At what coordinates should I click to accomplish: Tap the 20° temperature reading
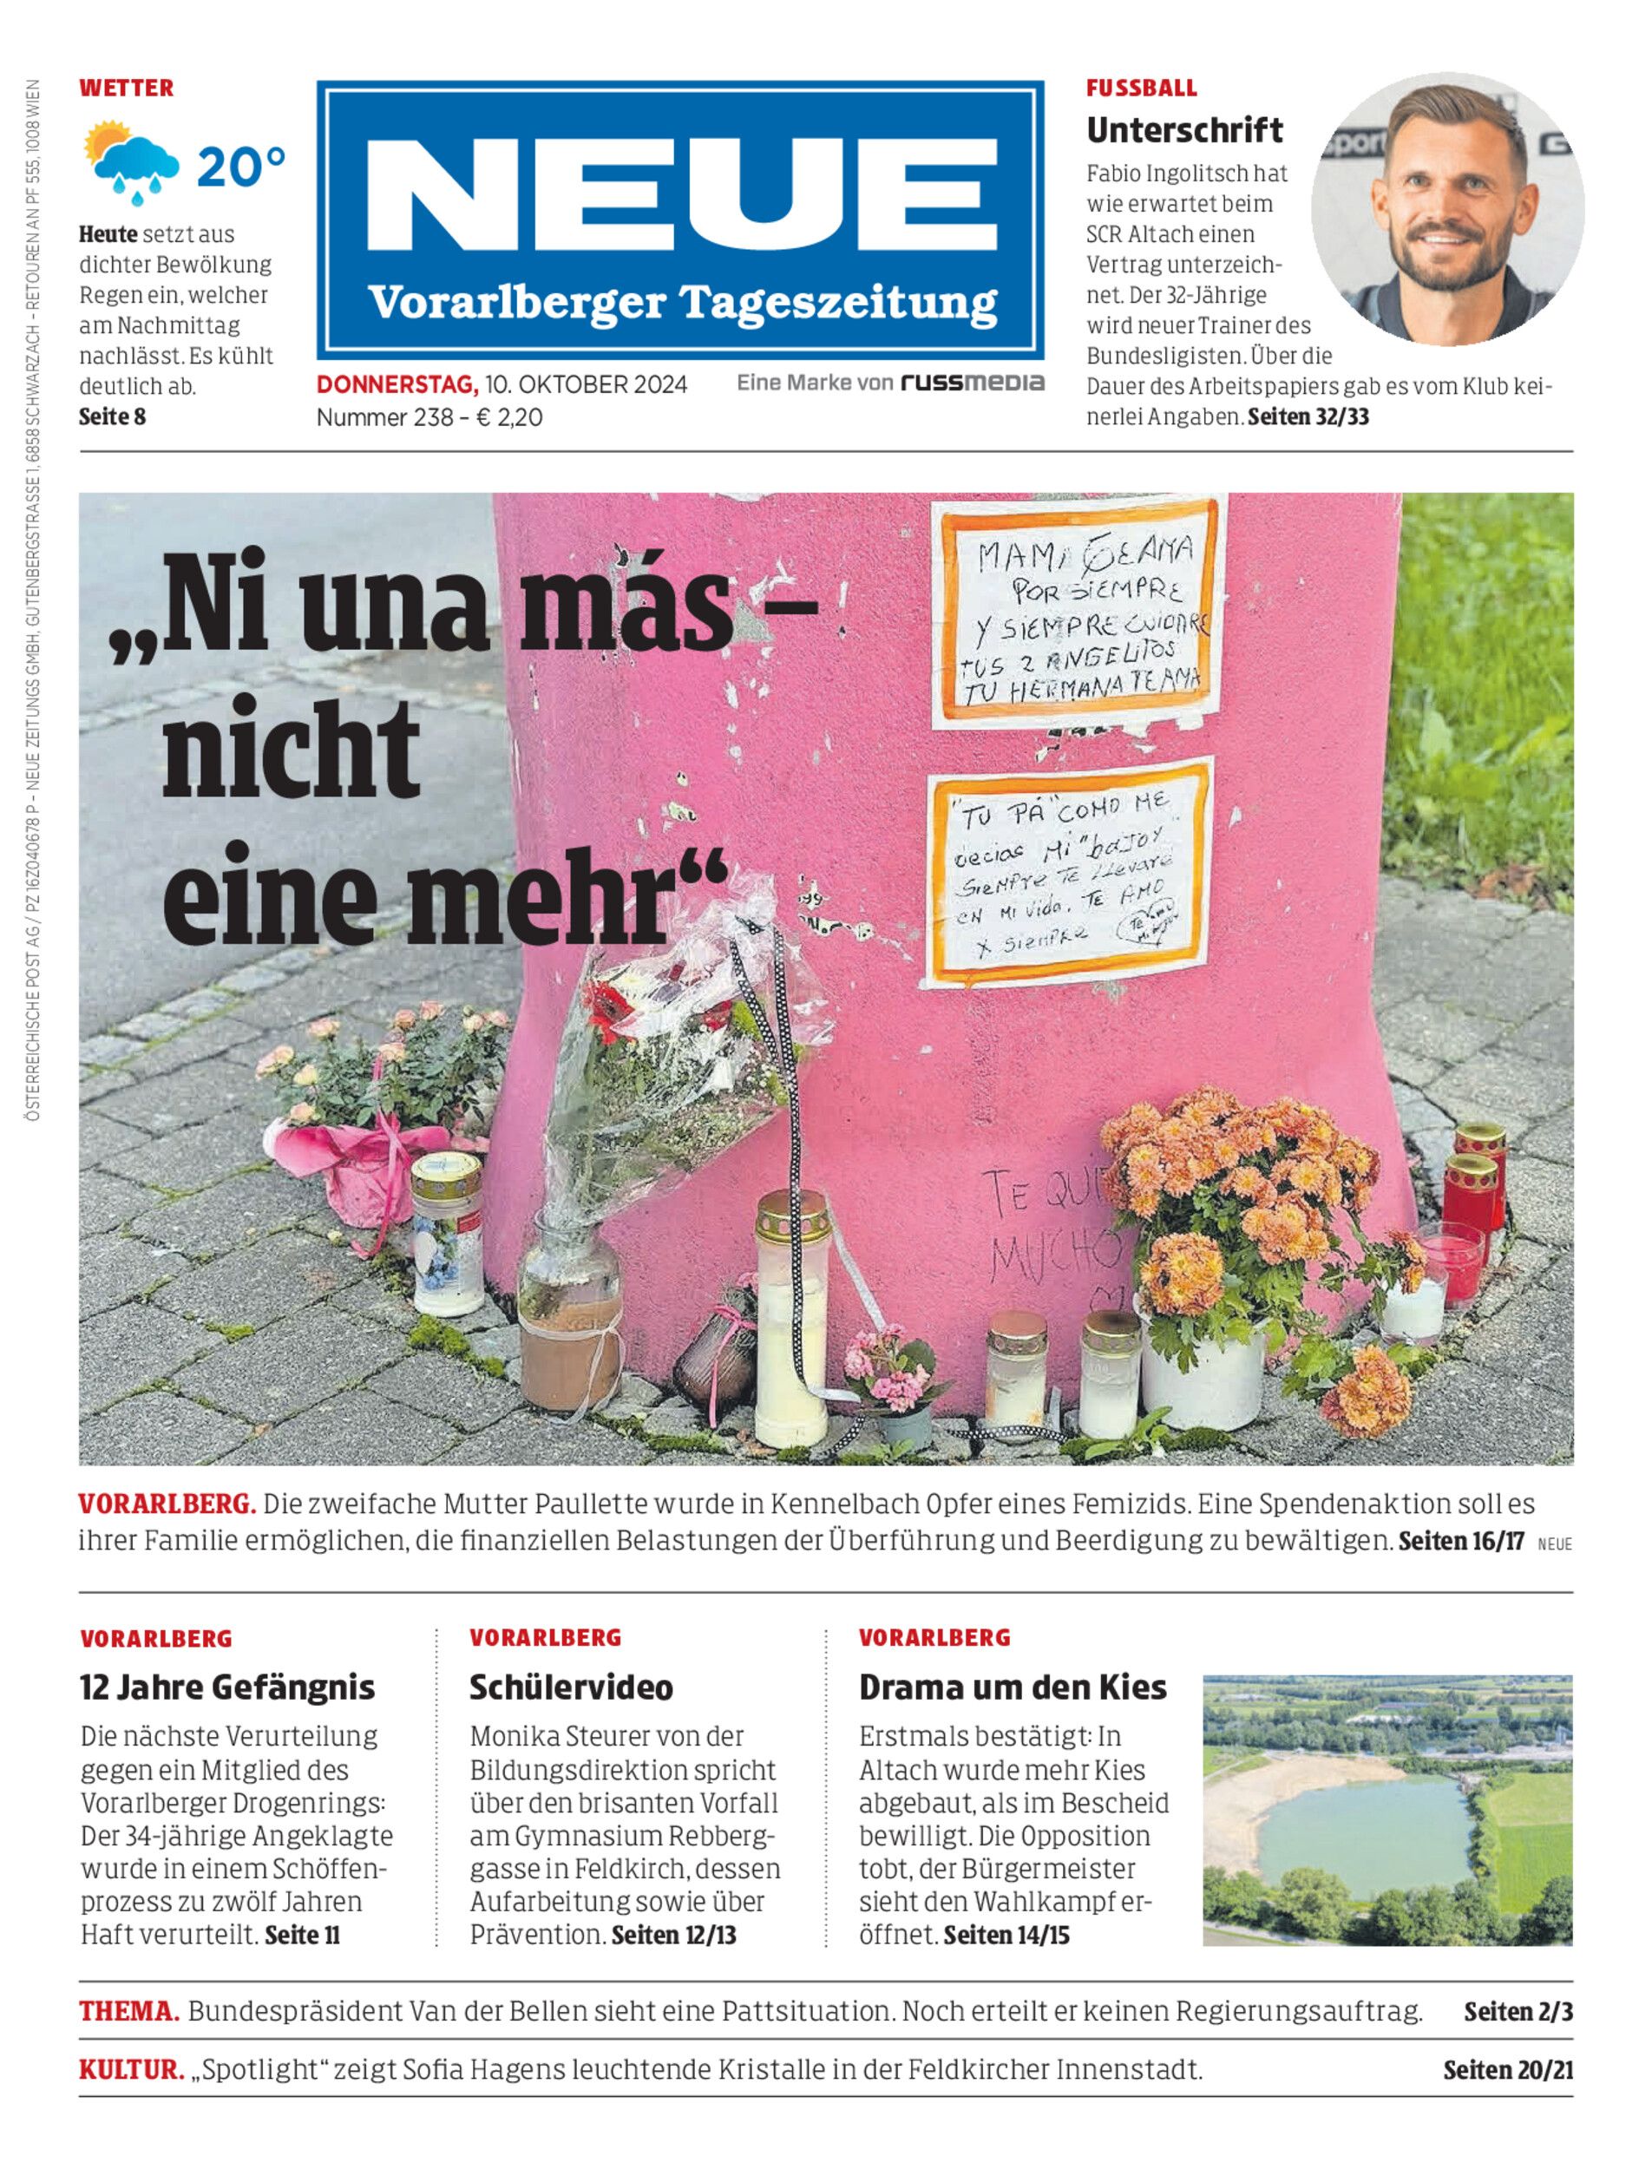point(241,167)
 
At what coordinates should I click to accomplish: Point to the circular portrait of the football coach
point(1446,207)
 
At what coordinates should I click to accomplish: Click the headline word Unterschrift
point(1184,130)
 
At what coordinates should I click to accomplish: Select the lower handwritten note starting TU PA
point(1068,873)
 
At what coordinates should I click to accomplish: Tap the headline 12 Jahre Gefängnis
point(227,1687)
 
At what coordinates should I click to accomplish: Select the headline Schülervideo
point(570,1687)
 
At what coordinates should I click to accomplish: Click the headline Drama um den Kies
point(1012,1687)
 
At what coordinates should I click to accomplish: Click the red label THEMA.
point(128,2012)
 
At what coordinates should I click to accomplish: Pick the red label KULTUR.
point(132,2071)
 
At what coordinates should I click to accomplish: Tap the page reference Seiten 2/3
point(1518,2013)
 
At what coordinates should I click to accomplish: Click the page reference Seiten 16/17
point(1460,1541)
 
